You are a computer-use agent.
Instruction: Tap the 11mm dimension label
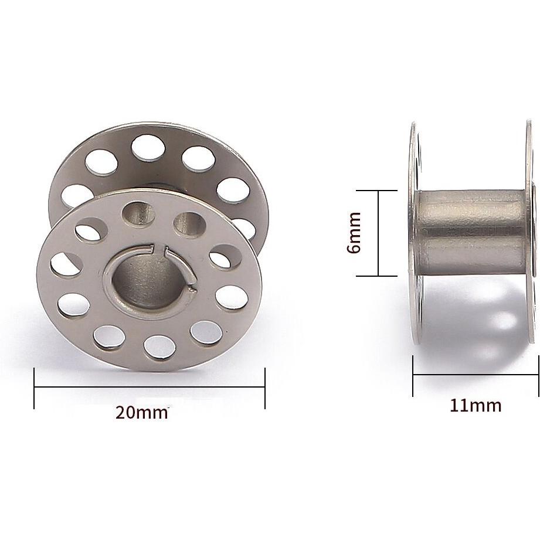[x=476, y=405]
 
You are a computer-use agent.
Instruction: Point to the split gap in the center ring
[x=165, y=252]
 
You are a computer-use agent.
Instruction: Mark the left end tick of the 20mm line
[x=35, y=388]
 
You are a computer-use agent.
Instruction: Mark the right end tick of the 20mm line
[x=265, y=388]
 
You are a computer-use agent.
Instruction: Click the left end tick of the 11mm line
[x=413, y=376]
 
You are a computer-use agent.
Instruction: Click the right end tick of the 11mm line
[x=538, y=376]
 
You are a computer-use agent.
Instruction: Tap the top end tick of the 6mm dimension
[x=379, y=191]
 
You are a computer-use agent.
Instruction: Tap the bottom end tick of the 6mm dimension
[x=379, y=276]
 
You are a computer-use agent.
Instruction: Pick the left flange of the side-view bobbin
[x=414, y=235]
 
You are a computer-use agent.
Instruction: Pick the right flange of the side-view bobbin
[x=531, y=235]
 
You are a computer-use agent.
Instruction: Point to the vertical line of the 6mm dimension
[x=379, y=233]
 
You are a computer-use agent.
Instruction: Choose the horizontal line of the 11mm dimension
[x=476, y=376]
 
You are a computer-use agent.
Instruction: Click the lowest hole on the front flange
[x=154, y=346]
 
